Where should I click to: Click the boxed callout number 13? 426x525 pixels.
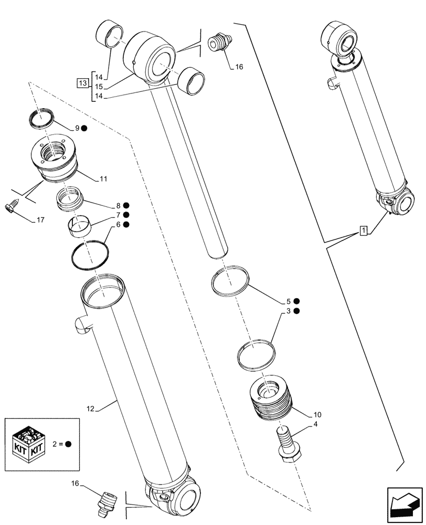82,82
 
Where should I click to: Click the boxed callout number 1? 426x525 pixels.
363,230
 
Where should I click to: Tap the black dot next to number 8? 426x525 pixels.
127,205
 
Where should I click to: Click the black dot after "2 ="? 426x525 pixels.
69,443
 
